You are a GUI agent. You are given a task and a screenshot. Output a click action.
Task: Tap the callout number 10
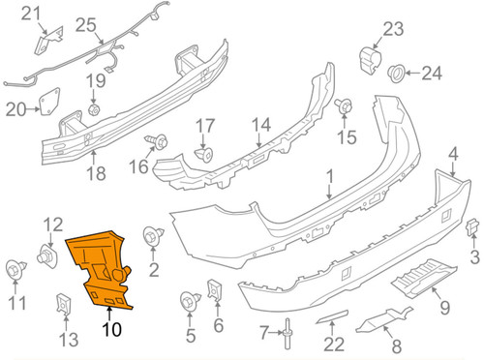pyautogui.click(x=112, y=329)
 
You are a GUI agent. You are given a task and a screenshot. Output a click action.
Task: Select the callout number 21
pyautogui.click(x=32, y=14)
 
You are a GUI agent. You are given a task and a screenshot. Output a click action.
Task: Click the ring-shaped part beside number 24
pyautogui.click(x=397, y=73)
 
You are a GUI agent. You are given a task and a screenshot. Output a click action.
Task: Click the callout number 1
pyautogui.click(x=328, y=178)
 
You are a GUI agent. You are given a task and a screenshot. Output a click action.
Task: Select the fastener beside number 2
pyautogui.click(x=151, y=235)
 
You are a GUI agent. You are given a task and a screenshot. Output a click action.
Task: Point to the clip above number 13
pyautogui.click(x=65, y=304)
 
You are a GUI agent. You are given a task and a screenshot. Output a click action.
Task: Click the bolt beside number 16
pyautogui.click(x=152, y=143)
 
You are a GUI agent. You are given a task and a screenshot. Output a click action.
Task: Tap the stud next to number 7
pyautogui.click(x=288, y=332)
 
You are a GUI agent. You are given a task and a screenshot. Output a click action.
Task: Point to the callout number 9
pyautogui.click(x=445, y=307)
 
